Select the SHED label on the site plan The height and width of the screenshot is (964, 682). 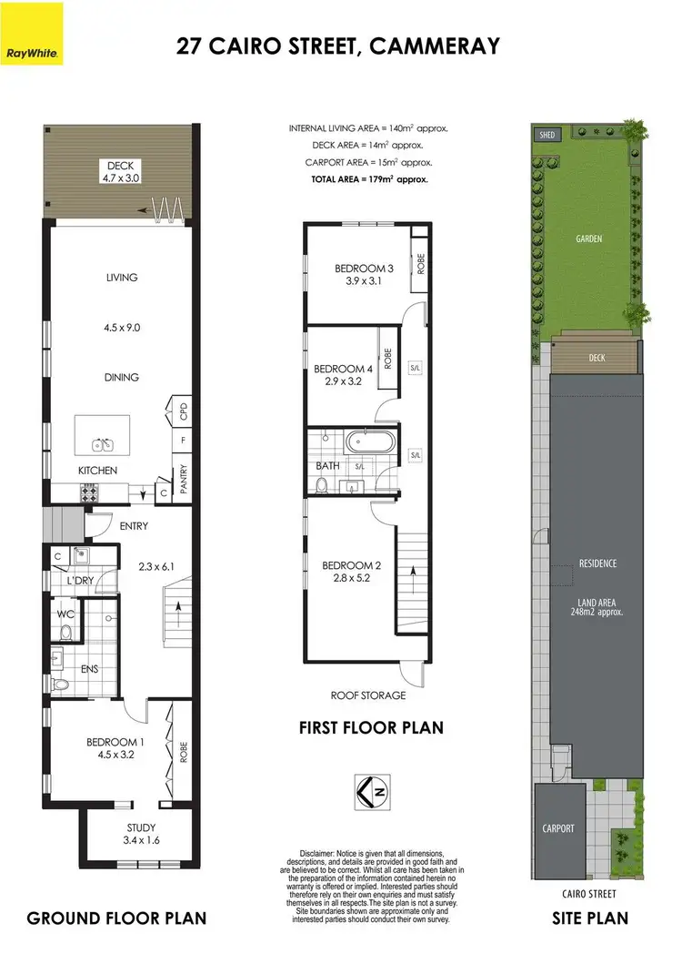point(547,135)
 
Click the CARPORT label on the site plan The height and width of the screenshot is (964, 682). point(557,828)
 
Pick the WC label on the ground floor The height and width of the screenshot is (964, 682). point(65,614)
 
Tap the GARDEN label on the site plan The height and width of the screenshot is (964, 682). point(588,239)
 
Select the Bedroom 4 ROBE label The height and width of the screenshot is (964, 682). point(387,359)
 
